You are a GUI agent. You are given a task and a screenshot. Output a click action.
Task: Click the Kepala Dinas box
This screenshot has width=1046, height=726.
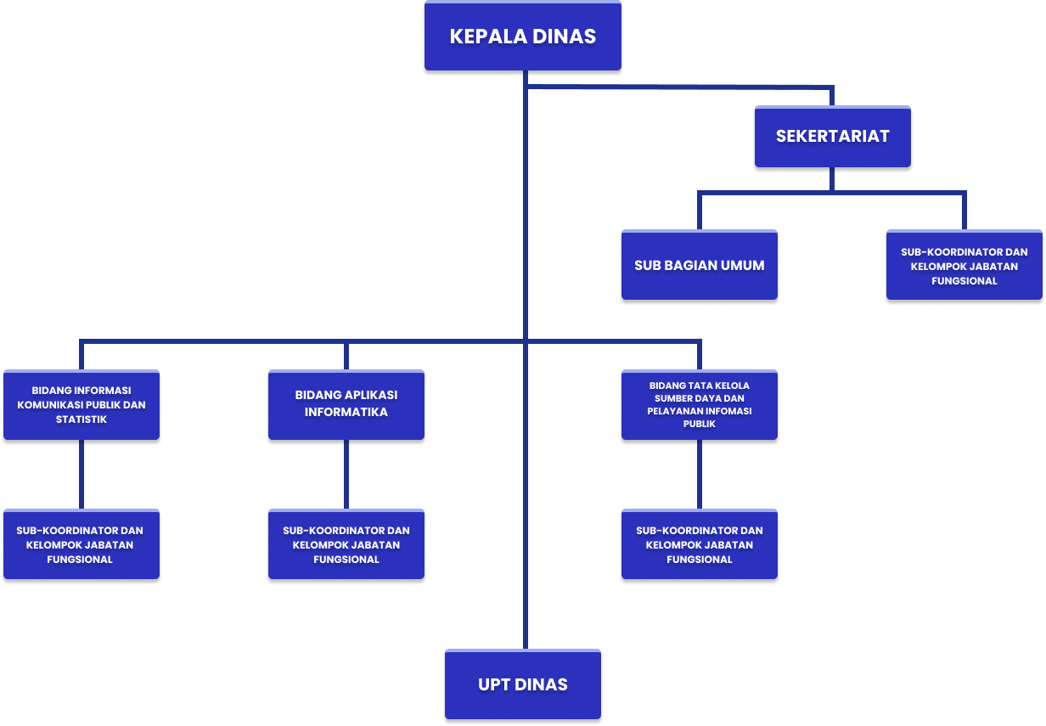click(x=522, y=37)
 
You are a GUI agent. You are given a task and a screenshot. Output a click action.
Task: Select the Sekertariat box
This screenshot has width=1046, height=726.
click(x=832, y=137)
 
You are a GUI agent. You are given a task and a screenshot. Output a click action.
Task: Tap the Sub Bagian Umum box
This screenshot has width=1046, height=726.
click(x=699, y=266)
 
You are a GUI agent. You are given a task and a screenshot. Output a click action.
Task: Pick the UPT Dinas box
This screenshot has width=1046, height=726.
click(x=522, y=684)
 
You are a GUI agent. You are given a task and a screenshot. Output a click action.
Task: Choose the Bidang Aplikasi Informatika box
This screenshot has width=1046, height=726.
click(x=346, y=404)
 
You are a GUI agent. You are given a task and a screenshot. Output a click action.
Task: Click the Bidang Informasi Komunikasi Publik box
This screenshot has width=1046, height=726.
click(x=82, y=405)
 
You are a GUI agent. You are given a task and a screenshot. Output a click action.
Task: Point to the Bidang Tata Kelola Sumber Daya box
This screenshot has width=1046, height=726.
click(x=699, y=404)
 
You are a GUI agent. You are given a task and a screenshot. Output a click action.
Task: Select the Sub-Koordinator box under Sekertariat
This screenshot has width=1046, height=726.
click(x=964, y=266)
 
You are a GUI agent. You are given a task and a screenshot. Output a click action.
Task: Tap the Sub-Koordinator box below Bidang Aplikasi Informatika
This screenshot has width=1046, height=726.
click(x=346, y=544)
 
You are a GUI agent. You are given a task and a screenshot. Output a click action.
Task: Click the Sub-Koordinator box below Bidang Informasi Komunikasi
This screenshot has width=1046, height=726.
click(x=81, y=544)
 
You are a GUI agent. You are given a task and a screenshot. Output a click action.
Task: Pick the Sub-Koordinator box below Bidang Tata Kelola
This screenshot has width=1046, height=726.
click(x=699, y=544)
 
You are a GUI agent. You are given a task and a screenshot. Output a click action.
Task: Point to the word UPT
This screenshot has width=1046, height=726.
click(x=493, y=684)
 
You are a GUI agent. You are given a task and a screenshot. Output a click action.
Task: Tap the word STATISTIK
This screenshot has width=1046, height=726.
click(x=82, y=419)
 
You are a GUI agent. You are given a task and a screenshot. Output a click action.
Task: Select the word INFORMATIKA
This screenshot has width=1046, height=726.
click(x=346, y=413)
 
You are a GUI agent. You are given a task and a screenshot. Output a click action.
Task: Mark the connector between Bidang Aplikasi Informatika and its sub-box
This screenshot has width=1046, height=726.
click(x=346, y=475)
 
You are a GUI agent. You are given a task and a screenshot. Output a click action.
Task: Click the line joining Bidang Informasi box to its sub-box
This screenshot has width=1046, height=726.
click(x=82, y=475)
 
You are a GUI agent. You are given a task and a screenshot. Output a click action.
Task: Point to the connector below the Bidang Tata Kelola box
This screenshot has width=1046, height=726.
click(x=700, y=475)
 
